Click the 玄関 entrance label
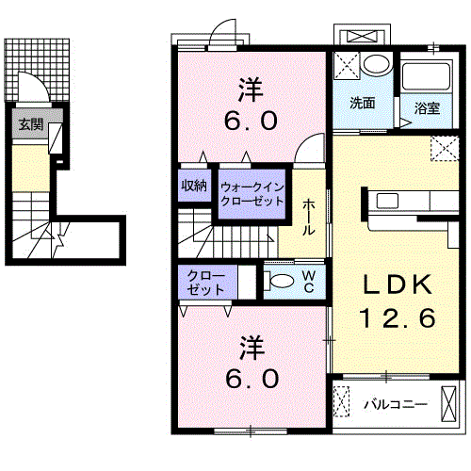30,124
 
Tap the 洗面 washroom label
363,103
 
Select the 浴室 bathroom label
427,107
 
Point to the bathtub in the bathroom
426,76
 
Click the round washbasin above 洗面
377,64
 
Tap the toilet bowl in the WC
282,281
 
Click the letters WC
309,282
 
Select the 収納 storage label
194,186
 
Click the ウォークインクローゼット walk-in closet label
252,194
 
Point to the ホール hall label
308,217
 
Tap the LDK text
398,284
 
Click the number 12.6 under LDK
398,317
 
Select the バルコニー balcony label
396,404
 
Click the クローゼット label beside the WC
206,283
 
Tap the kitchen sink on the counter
387,201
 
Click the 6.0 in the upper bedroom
251,121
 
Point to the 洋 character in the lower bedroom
252,348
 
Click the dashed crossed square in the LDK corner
445,148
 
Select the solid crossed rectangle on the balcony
448,403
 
